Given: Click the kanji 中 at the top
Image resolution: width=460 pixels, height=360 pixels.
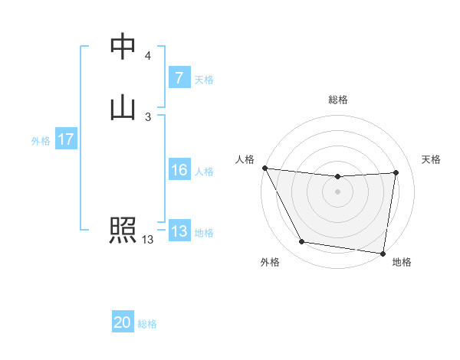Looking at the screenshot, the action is click(x=123, y=47).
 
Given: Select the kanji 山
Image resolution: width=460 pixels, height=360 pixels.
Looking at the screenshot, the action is click(x=123, y=106).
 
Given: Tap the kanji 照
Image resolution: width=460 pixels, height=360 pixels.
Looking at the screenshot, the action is click(x=123, y=230).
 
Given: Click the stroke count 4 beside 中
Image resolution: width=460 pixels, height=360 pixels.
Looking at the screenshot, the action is click(x=147, y=56).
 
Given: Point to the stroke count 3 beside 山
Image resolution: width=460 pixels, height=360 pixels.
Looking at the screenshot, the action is click(x=147, y=116).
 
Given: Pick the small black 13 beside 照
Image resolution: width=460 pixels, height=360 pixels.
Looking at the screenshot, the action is click(x=147, y=240).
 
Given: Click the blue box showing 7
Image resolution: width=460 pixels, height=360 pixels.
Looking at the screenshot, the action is click(x=179, y=77).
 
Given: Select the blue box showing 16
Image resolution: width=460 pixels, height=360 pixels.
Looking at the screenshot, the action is click(x=179, y=170).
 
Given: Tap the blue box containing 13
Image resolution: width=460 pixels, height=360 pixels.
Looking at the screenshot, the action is click(x=179, y=231).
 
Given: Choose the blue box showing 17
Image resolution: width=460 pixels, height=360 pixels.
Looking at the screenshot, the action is click(x=65, y=139).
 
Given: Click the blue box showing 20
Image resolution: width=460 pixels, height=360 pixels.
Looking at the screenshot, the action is click(x=123, y=322).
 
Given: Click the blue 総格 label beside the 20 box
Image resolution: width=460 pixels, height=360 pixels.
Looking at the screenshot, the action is click(x=147, y=324).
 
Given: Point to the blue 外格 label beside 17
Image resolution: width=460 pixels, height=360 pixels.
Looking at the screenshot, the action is click(x=41, y=141).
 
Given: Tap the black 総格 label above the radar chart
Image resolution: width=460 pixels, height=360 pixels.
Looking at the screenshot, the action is click(x=338, y=100).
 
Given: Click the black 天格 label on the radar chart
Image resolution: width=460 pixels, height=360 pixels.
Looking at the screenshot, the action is click(x=431, y=159).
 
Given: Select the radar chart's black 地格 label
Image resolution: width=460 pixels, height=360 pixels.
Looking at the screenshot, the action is click(x=402, y=263).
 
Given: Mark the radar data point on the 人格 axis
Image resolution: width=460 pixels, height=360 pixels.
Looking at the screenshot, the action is click(x=264, y=168).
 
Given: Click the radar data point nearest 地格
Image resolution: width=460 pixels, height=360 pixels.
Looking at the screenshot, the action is click(x=383, y=253).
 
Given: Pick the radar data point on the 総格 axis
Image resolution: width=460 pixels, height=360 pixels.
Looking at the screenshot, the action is click(x=338, y=177).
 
